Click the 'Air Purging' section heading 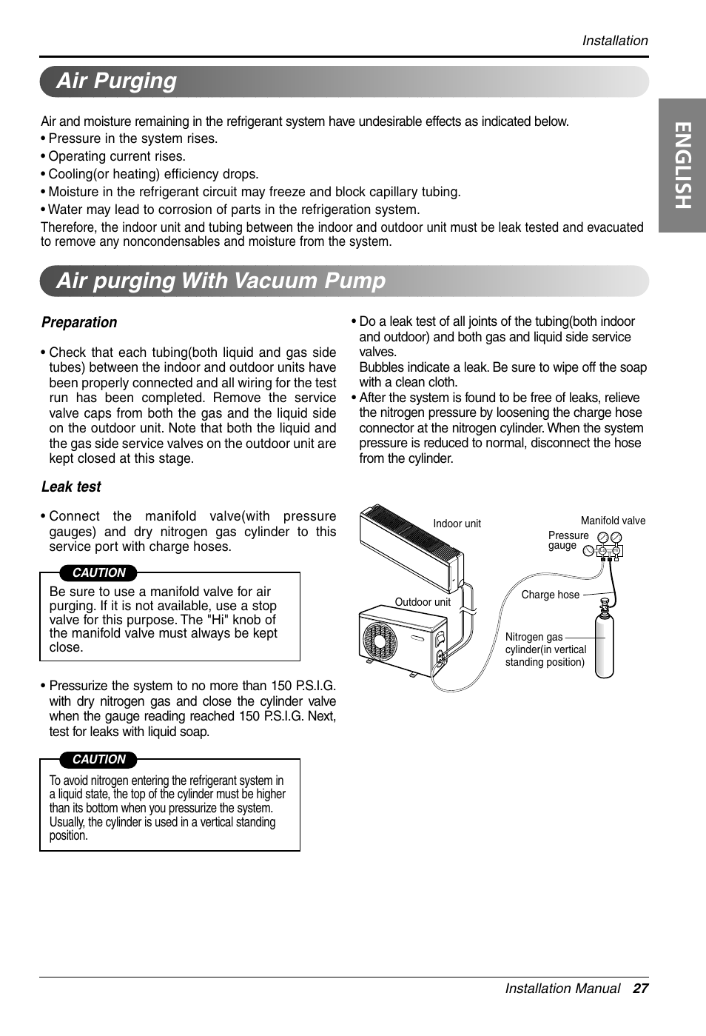116,81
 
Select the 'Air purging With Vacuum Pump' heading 221,281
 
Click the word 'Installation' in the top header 614,41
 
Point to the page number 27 640,989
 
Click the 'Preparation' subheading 79,322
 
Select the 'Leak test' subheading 71,487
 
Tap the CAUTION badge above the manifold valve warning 98,572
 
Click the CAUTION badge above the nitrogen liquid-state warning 98,759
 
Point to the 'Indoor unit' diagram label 457,524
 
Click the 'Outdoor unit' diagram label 422,602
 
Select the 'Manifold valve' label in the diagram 613,521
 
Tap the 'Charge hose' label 550,595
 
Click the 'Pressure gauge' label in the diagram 568,540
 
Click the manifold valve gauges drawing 609,544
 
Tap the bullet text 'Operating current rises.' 117,156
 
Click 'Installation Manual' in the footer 562,989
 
